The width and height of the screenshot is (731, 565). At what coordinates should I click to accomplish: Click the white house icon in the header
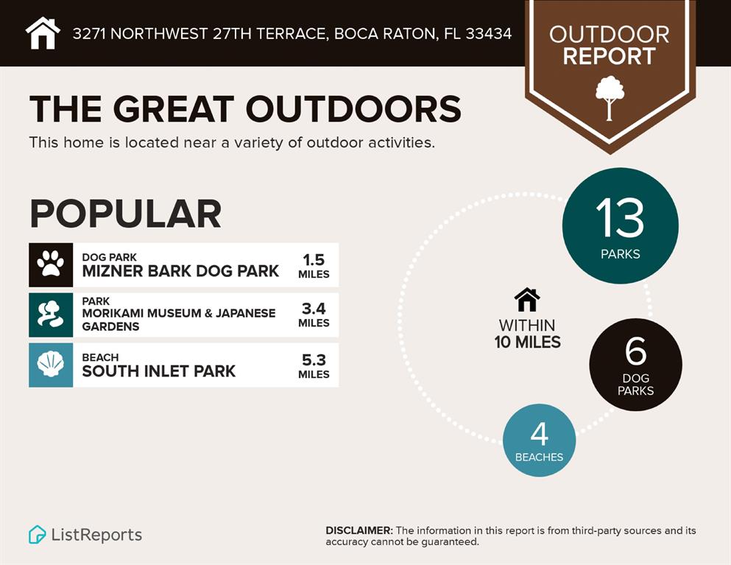[x=43, y=33]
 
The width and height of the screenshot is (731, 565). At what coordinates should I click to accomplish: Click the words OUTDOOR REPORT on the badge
[x=610, y=45]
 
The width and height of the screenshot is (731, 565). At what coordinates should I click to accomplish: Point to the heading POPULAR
[x=125, y=214]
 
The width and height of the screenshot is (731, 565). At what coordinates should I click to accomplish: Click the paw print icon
[x=51, y=264]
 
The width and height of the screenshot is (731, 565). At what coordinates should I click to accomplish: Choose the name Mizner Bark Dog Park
[x=180, y=271]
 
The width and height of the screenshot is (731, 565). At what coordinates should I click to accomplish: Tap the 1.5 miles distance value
[x=314, y=265]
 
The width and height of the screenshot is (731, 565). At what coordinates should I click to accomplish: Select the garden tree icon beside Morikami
[x=50, y=314]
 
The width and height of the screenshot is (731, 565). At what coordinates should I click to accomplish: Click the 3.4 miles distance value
[x=314, y=315]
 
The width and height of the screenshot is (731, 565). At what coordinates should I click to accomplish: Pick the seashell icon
[x=51, y=365]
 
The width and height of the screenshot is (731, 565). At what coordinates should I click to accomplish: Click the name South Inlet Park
[x=159, y=371]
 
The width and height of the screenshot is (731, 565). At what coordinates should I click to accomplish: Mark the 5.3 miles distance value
[x=314, y=366]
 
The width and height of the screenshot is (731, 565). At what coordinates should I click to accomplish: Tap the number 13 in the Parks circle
[x=620, y=217]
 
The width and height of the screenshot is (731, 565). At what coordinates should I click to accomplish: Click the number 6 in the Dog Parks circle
[x=636, y=351]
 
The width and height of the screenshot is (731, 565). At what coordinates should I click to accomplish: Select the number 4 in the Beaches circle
[x=540, y=434]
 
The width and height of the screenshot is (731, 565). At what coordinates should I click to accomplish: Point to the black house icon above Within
[x=527, y=300]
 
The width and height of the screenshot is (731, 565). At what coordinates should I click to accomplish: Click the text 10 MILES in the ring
[x=527, y=342]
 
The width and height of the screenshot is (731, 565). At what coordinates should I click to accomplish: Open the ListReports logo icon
[x=37, y=535]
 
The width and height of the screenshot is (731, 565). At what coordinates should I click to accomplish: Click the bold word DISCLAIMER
[x=359, y=530]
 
